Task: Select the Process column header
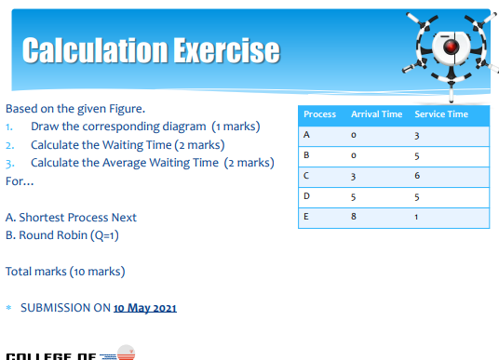pos(319,114)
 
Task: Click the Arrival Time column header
pos(376,114)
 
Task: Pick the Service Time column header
pos(441,114)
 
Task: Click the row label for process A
pos(306,136)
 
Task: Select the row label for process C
pos(306,176)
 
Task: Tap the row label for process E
pos(306,216)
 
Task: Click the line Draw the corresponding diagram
pos(145,127)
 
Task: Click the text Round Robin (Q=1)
pos(62,235)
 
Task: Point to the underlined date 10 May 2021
pos(144,308)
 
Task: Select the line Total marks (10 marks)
pos(65,272)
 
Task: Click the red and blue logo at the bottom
pos(120,353)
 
